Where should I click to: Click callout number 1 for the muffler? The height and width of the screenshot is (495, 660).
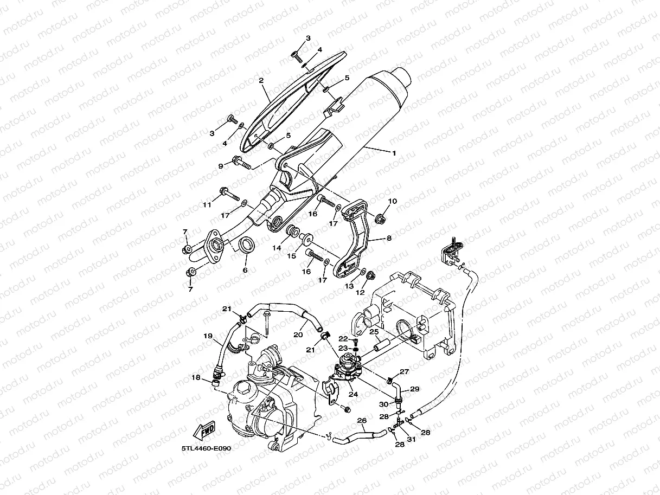(x=394, y=153)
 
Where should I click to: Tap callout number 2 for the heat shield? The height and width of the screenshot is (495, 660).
(x=261, y=81)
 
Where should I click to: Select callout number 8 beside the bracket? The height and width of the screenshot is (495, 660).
(x=388, y=237)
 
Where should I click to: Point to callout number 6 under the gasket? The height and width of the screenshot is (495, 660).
(x=245, y=269)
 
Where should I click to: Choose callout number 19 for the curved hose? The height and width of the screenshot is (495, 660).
(x=208, y=336)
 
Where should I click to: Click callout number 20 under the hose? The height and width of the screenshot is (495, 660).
(x=298, y=335)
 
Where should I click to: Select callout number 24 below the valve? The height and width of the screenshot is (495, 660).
(x=353, y=394)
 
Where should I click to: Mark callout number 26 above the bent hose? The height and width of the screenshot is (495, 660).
(x=362, y=420)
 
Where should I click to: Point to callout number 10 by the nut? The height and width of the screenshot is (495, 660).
(x=392, y=201)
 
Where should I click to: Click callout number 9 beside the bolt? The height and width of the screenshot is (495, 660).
(x=221, y=166)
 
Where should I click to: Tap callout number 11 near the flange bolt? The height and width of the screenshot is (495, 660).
(x=207, y=204)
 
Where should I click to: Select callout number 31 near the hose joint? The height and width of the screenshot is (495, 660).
(x=411, y=439)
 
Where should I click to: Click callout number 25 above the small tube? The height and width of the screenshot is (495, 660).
(x=374, y=331)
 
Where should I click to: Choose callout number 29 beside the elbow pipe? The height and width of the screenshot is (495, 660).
(x=414, y=389)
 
